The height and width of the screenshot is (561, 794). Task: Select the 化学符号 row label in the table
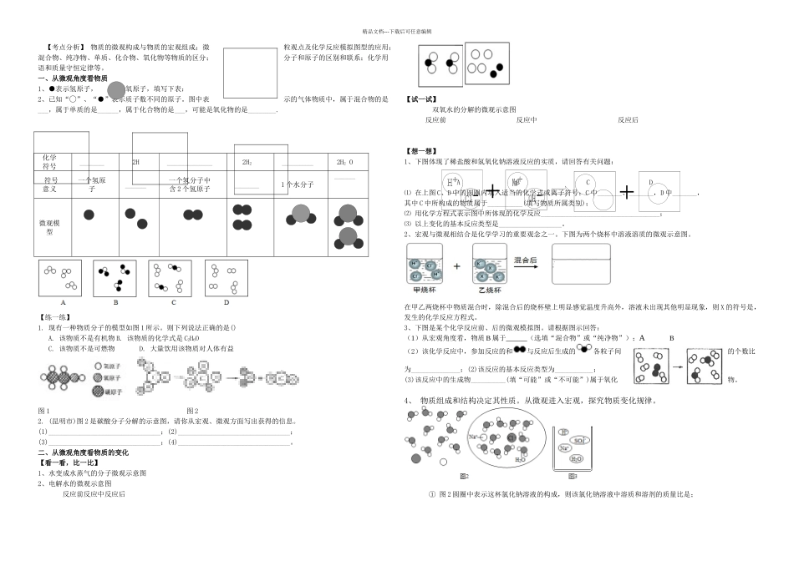pyautogui.click(x=50, y=161)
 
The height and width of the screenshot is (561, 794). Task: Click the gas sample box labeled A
pyautogui.click(x=60, y=277)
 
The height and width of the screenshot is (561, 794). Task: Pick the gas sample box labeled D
pyautogui.click(x=225, y=277)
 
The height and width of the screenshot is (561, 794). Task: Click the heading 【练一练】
pyautogui.click(x=53, y=317)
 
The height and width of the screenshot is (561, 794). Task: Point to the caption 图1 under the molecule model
pyautogui.click(x=45, y=410)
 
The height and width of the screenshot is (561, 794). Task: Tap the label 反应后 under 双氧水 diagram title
pyautogui.click(x=629, y=120)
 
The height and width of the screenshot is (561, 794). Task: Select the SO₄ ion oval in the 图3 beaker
pyautogui.click(x=580, y=439)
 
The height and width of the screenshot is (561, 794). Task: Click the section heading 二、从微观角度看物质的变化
pyautogui.click(x=84, y=452)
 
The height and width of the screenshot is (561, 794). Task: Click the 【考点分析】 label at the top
pyautogui.click(x=64, y=48)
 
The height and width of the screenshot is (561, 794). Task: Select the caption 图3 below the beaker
pyautogui.click(x=572, y=477)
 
